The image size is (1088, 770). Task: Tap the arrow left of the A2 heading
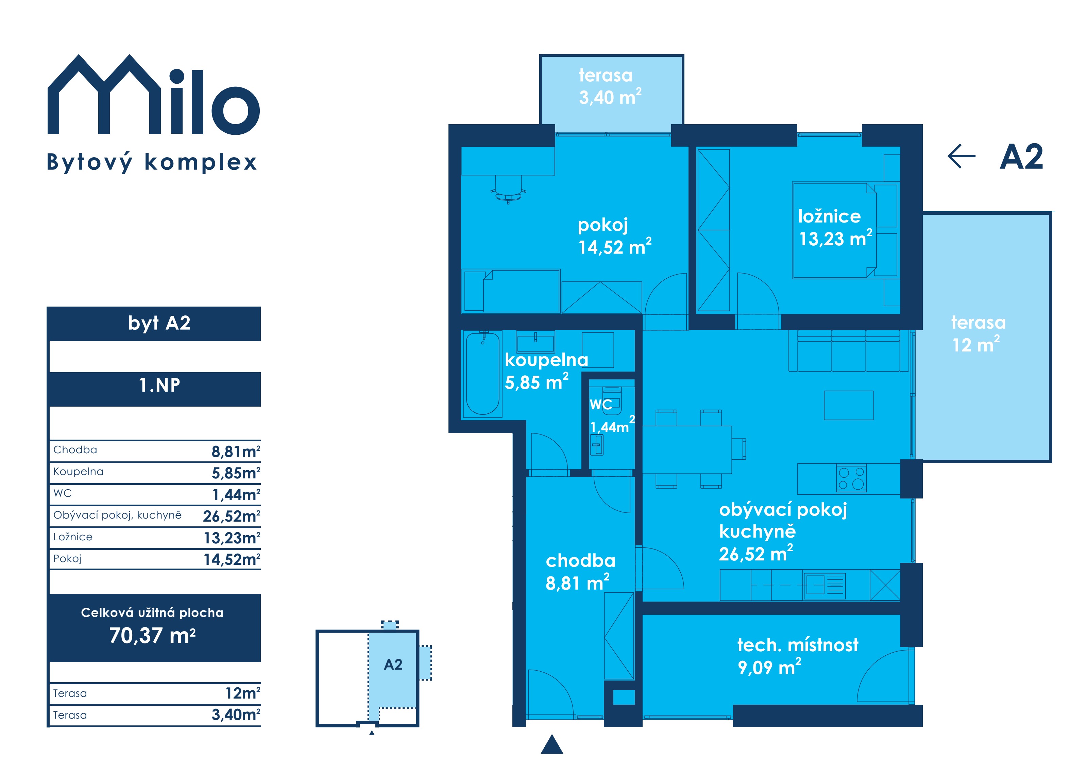point(961,157)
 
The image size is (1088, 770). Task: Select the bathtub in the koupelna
point(482,374)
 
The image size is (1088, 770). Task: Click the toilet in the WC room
point(612,400)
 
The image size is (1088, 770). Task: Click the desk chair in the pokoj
point(508,189)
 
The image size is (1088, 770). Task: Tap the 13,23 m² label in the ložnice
point(835,238)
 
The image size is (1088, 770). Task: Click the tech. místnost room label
point(798,645)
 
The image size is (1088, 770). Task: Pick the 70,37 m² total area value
point(153,635)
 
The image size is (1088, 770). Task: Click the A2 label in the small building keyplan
point(393,665)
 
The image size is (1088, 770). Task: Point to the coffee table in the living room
point(848,405)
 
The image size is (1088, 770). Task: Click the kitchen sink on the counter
point(824,584)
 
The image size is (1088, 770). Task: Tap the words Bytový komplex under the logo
point(152,162)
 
